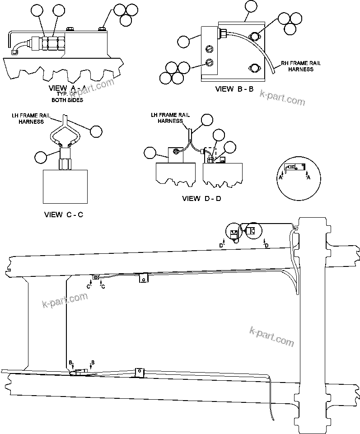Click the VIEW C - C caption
click(64, 215)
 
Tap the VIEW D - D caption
click(201, 198)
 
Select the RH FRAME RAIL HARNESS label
click(301, 66)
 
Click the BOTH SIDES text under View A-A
click(67, 100)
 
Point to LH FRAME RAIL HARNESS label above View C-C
click(28, 118)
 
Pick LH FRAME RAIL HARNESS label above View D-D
click(167, 118)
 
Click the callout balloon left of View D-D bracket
click(150, 152)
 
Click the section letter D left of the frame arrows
click(221, 245)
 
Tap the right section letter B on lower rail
click(93, 362)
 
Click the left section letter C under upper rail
click(89, 286)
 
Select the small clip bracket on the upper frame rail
click(143, 278)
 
